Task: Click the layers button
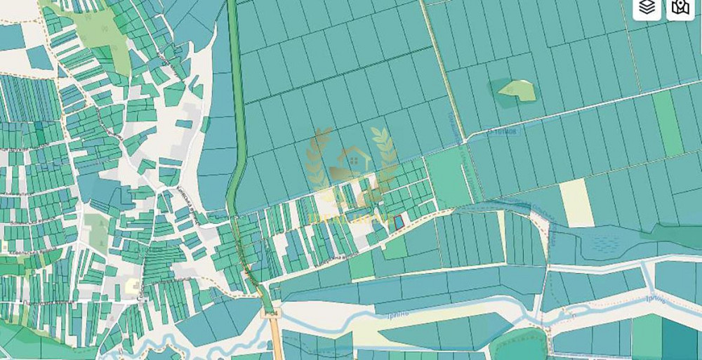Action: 647,8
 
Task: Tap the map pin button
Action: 680,8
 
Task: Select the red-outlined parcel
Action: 399,222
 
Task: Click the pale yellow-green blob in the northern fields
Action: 517,90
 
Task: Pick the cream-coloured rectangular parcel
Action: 576,203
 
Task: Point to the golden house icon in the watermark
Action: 350,163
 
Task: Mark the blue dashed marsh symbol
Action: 606,241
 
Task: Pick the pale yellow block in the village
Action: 132,286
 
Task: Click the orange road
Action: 275,340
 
